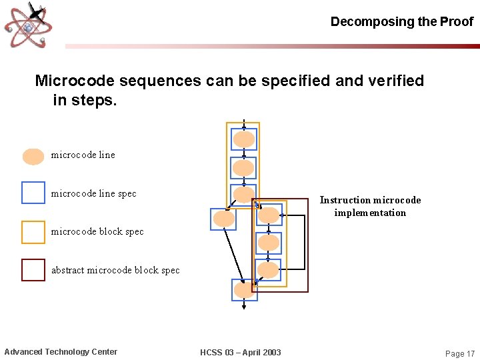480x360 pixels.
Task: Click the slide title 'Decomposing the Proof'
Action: point(401,21)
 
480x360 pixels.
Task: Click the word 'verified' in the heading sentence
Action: point(394,81)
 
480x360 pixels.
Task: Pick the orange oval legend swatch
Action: point(33,156)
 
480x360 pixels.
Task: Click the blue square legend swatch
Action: point(33,193)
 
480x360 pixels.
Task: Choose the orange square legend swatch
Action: point(33,232)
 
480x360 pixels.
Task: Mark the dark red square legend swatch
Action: point(33,270)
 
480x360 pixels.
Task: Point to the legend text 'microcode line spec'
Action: point(93,193)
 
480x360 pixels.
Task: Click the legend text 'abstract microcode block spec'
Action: point(115,270)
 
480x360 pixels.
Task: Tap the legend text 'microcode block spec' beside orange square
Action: point(97,231)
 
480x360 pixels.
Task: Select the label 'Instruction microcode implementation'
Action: point(370,206)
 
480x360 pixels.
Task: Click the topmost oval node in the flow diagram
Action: point(244,139)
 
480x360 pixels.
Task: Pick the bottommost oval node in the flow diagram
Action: point(244,289)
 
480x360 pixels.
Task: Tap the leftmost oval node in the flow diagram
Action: point(223,219)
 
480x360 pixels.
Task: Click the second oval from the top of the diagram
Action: point(244,168)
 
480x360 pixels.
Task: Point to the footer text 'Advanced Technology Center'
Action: point(61,352)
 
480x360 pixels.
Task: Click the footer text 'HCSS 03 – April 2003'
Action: point(241,352)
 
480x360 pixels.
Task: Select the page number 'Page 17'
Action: point(460,353)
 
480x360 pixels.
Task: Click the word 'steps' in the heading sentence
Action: point(95,101)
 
